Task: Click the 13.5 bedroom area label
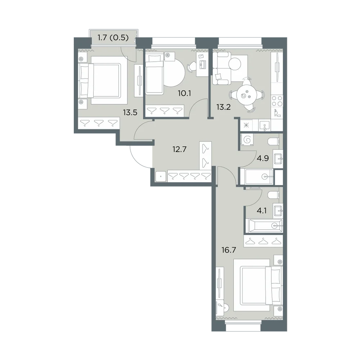(130, 112)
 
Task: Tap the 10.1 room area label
(184, 93)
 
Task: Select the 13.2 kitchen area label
(224, 107)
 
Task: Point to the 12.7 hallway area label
(179, 149)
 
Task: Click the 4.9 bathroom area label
(263, 158)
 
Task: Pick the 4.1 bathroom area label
(261, 211)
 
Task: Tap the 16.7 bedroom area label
(229, 250)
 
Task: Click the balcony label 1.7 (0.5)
(113, 37)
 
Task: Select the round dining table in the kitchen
(246, 95)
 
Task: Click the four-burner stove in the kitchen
(277, 101)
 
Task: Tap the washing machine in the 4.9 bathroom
(247, 140)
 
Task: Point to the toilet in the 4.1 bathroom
(274, 195)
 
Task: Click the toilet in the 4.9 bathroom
(274, 141)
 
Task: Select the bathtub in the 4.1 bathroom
(264, 226)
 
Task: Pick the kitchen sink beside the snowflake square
(265, 125)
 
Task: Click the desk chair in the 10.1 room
(191, 67)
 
